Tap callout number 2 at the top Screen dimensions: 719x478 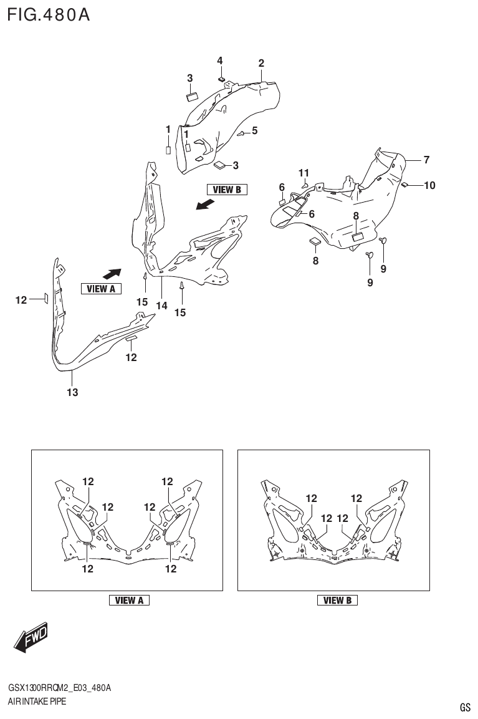coord(261,63)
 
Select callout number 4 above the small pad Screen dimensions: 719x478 coord(219,60)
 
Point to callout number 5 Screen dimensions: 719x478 coord(254,131)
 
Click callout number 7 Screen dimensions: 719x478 coord(426,160)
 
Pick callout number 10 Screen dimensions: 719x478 coord(429,185)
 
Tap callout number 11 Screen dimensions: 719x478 coord(304,173)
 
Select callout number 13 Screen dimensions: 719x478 coord(72,392)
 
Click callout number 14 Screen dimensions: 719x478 coord(162,306)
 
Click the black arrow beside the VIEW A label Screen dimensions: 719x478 coord(112,273)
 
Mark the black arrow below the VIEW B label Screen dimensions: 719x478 coord(205,205)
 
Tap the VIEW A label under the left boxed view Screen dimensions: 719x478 coord(129,601)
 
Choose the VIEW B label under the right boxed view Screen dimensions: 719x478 coord(337,601)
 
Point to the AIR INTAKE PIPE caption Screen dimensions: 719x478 coord(37,702)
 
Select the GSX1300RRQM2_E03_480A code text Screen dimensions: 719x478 coord(59,688)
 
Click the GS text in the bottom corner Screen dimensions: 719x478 coord(465,707)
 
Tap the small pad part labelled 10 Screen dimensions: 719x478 coord(404,185)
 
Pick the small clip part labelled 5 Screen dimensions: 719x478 coord(242,133)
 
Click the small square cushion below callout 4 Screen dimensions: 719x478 coord(221,79)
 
